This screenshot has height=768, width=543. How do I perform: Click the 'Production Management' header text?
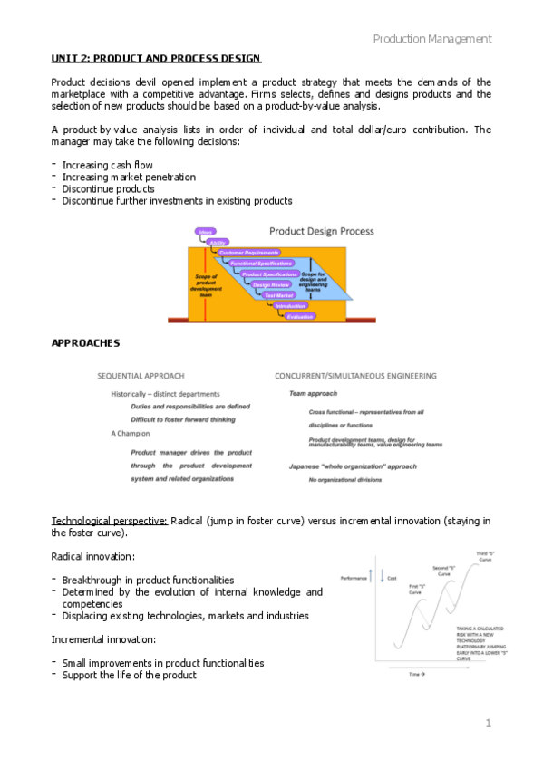pos(432,39)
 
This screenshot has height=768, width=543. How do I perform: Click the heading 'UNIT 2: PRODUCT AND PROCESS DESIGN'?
pos(156,59)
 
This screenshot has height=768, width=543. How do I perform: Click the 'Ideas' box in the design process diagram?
pos(206,232)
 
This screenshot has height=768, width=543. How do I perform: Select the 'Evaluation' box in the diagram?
pos(299,316)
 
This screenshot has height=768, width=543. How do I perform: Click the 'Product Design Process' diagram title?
pos(321,232)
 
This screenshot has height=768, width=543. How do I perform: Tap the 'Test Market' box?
pos(279,295)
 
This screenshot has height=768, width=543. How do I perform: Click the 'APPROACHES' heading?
pos(86,343)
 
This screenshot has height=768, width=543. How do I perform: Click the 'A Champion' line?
pos(131,433)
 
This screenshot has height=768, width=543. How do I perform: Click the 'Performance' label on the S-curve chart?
pos(353,577)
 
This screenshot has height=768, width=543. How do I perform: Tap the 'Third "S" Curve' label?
pos(486,555)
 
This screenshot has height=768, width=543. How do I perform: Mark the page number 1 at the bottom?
pos(488,723)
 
